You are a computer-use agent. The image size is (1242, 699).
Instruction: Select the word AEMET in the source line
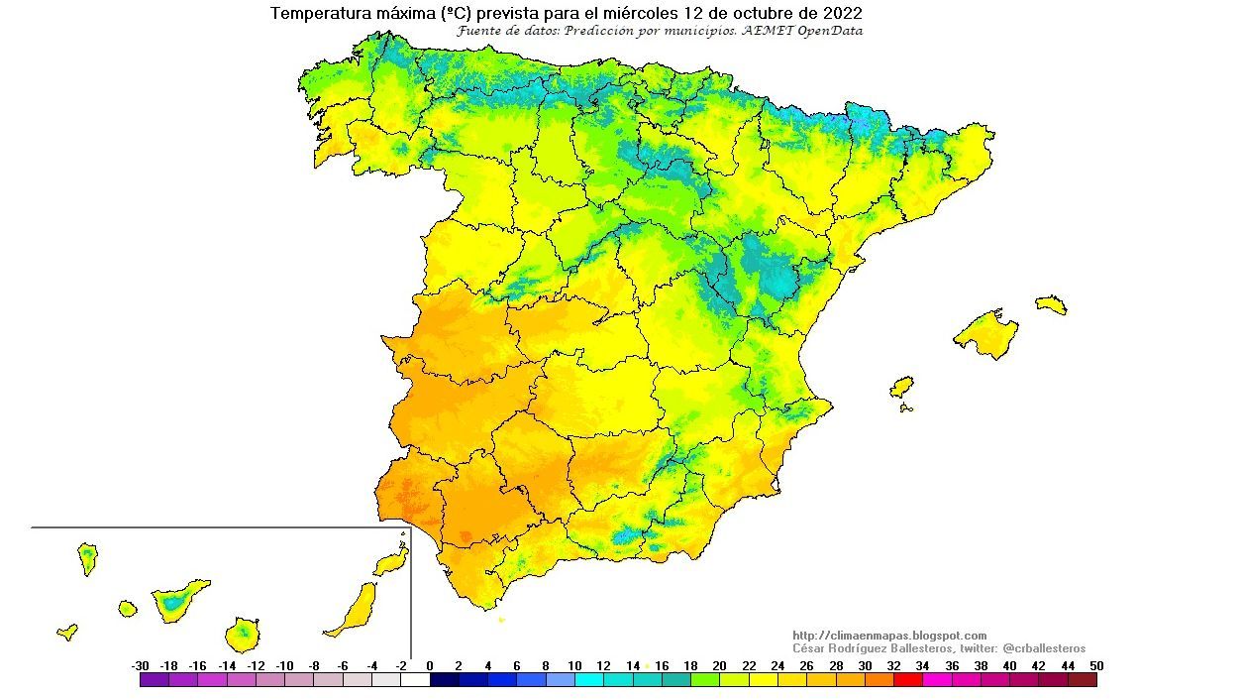click(x=760, y=31)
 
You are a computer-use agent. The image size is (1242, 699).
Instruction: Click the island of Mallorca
click(x=985, y=333)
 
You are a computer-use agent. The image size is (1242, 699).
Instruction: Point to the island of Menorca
click(x=1050, y=304)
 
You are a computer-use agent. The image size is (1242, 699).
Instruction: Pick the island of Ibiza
click(x=901, y=387)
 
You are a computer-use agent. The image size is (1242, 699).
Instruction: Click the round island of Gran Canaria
click(x=243, y=632)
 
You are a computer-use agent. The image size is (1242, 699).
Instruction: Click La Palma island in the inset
click(x=88, y=558)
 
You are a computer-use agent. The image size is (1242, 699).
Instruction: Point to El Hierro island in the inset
click(x=67, y=632)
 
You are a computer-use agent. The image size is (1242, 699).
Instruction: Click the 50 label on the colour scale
click(x=1095, y=666)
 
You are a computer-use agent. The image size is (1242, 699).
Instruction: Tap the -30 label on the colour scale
click(x=140, y=666)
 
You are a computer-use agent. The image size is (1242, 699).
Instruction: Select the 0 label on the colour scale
click(x=430, y=666)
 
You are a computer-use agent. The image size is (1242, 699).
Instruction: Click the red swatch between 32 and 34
click(x=908, y=680)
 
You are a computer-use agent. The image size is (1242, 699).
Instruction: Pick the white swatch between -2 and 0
click(x=415, y=680)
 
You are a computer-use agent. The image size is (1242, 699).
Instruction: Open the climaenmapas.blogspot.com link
click(x=889, y=636)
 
